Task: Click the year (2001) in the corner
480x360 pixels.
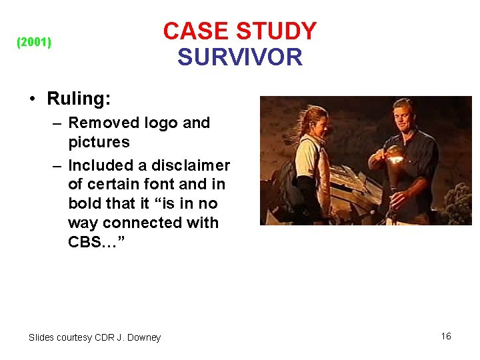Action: click(x=33, y=43)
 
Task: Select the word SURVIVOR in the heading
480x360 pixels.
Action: click(x=240, y=57)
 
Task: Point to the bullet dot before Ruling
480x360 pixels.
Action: click(x=32, y=99)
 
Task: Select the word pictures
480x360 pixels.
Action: click(x=99, y=142)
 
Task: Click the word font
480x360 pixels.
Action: click(x=154, y=184)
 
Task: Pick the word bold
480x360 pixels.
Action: click(x=85, y=203)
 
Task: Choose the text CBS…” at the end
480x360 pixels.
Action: click(x=93, y=242)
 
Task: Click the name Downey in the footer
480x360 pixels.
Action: click(x=145, y=337)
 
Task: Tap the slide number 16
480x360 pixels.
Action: click(x=446, y=336)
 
